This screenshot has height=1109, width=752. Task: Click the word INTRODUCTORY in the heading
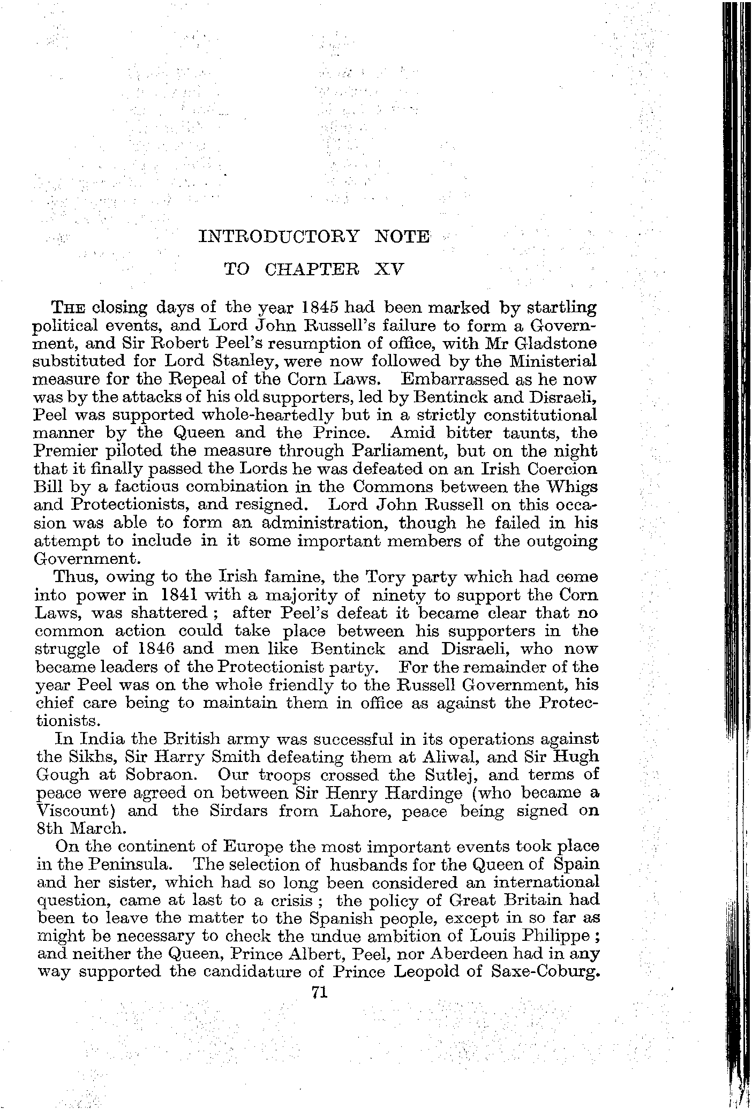coord(279,236)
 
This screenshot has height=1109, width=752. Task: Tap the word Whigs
coord(569,487)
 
